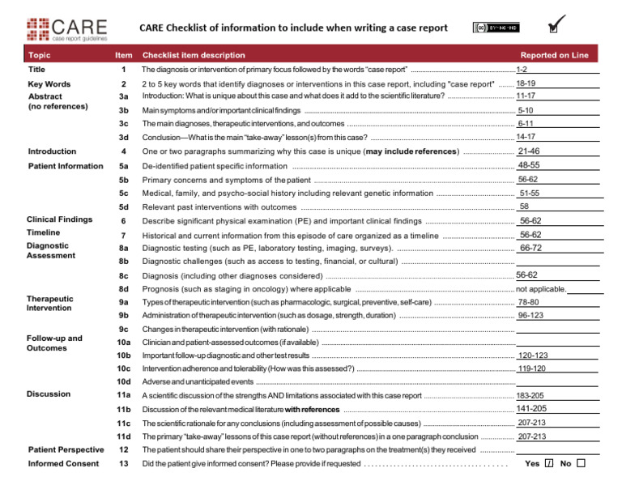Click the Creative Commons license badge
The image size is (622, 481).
tap(495, 28)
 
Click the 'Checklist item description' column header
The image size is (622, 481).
tap(194, 55)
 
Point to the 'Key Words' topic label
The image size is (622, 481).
tap(49, 84)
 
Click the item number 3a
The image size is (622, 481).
tap(124, 96)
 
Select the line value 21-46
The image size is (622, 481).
tap(528, 151)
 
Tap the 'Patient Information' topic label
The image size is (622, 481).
tap(65, 166)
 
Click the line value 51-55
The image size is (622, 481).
tap(530, 194)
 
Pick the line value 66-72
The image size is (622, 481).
tap(530, 248)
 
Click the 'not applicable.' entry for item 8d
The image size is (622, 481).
tap(541, 289)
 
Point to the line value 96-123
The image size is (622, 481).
tap(530, 315)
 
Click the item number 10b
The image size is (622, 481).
tap(124, 355)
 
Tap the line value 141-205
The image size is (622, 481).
tap(531, 408)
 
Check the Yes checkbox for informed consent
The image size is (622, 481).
tap(549, 464)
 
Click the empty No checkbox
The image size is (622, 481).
tap(581, 464)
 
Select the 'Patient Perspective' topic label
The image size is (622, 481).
tap(66, 449)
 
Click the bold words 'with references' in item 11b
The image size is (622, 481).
tap(312, 409)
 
